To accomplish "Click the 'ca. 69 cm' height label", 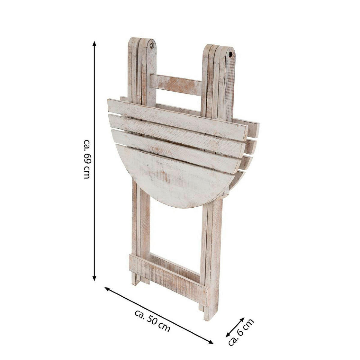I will pyautogui.click(x=87, y=159).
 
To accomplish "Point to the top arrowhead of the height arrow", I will pyautogui.click(x=94, y=43).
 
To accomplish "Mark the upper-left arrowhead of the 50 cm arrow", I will pyautogui.click(x=107, y=289).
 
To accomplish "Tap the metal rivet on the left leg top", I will pyautogui.click(x=151, y=46).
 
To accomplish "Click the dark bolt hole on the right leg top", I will pyautogui.click(x=230, y=55).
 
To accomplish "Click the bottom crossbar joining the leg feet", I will pyautogui.click(x=168, y=274).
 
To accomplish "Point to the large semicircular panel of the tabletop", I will pyautogui.click(x=174, y=177).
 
